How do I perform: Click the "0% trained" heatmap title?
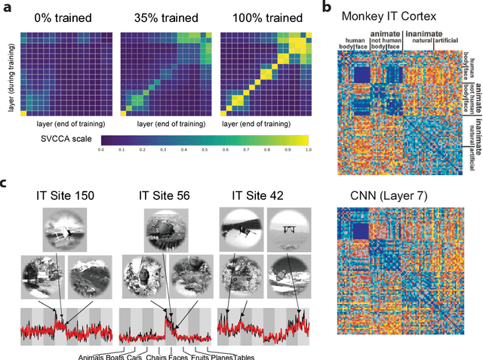click(x=59, y=16)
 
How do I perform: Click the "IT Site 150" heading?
click(x=66, y=198)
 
